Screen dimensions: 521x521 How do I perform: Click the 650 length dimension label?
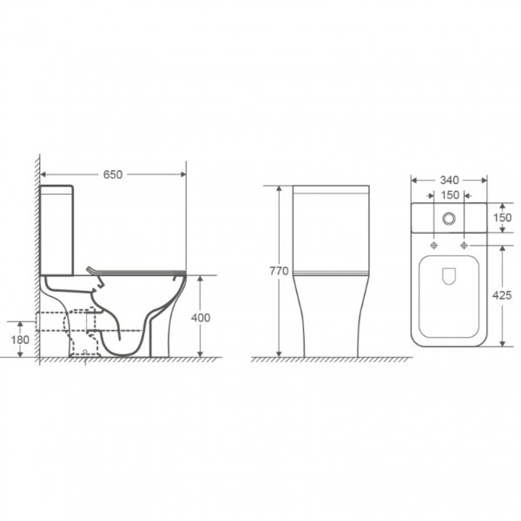113,175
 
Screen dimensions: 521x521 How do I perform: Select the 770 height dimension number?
279,271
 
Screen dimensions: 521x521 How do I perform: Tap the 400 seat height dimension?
201,318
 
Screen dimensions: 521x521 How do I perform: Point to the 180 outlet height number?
20,340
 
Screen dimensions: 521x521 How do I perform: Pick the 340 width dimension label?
449,180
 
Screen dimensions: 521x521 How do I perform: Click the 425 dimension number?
502,295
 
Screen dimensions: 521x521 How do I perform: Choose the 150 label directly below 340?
450,195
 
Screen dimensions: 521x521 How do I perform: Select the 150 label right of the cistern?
502,218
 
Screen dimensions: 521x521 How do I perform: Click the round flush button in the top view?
449,218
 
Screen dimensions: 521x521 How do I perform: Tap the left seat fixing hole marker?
434,245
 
